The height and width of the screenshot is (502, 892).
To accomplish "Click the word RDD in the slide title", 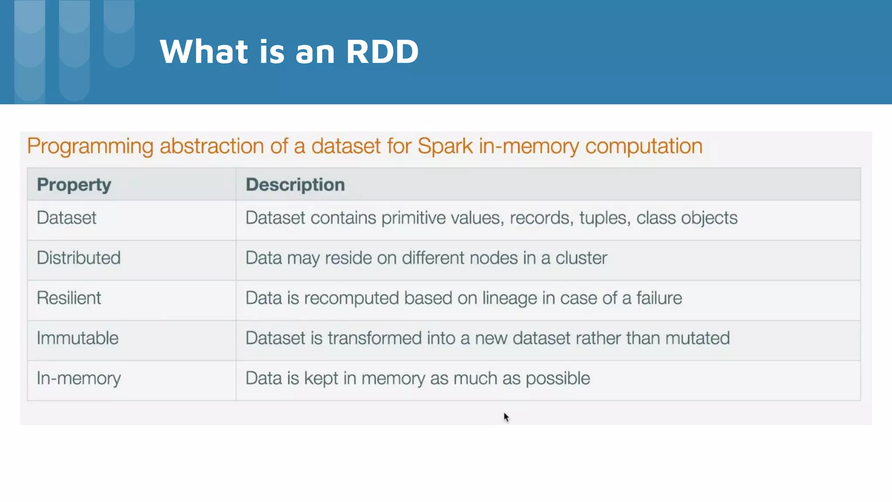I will (382, 51).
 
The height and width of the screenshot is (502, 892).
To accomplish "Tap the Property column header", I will (74, 185).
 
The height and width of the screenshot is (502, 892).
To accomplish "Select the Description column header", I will (295, 185).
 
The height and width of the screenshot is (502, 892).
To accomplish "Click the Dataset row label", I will (67, 218).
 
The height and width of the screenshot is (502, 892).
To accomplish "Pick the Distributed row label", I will (78, 258).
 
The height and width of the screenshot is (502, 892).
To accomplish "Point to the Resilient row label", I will (69, 298).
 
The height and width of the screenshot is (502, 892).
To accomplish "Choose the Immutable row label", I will (78, 338).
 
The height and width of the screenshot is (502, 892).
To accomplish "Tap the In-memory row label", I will (78, 378).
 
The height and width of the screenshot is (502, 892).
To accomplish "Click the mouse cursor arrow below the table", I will (506, 417).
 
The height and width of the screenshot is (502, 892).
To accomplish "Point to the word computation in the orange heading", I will (644, 146).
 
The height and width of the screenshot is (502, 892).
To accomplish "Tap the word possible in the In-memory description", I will (557, 379).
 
